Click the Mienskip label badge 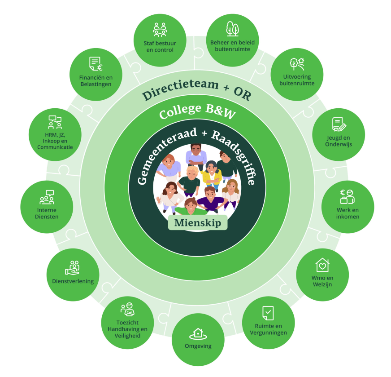point(195,222)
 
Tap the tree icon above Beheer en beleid point(232,29)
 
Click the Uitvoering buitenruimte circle point(297,74)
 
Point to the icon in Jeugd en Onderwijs point(338,124)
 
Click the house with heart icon point(322,265)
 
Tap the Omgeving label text point(198,346)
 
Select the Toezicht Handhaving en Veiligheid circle point(127,323)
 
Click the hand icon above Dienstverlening point(72,268)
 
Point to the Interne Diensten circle point(47,207)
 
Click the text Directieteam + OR point(196,90)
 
